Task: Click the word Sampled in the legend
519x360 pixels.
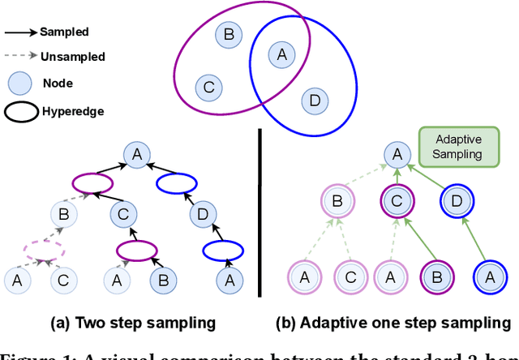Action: pyautogui.click(x=64, y=32)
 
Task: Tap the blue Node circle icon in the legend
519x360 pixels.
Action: pyautogui.click(x=19, y=83)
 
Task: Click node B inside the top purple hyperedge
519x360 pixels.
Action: pyautogui.click(x=229, y=34)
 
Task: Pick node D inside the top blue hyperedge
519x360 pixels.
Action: pyautogui.click(x=312, y=101)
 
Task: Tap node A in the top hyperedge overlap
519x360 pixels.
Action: pyautogui.click(x=281, y=54)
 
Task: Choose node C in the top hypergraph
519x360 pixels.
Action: pyautogui.click(x=208, y=85)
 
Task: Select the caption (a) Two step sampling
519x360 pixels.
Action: pyautogui.click(x=134, y=323)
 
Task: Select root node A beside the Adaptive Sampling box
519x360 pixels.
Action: pyautogui.click(x=394, y=152)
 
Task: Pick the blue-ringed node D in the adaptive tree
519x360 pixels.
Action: pyautogui.click(x=456, y=199)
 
